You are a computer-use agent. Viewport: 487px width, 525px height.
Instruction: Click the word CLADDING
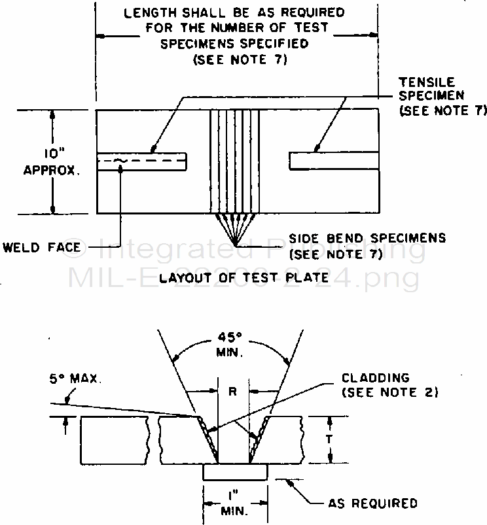(x=375, y=378)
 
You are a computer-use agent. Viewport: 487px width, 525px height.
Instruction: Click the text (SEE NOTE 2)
(x=389, y=392)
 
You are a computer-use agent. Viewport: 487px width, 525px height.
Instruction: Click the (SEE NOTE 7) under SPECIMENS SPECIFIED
(x=240, y=60)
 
